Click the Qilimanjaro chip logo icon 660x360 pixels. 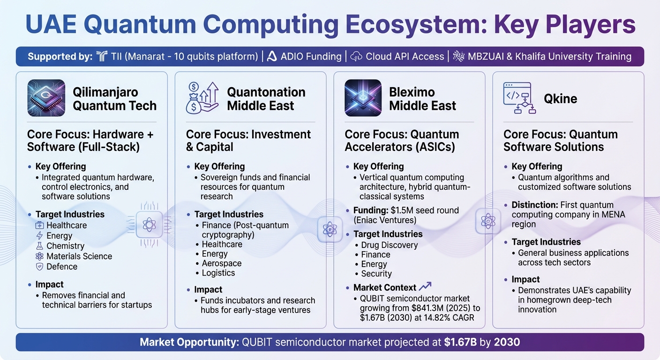click(46, 98)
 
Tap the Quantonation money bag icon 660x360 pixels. click(202, 98)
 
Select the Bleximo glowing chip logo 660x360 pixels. click(363, 98)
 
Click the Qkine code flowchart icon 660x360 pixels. click(519, 98)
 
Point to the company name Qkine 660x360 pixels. click(560, 99)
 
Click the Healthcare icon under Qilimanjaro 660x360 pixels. click(39, 225)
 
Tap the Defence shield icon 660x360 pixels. click(39, 267)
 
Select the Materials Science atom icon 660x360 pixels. click(39, 256)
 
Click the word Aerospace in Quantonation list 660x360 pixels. click(221, 263)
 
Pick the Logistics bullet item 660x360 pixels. click(218, 273)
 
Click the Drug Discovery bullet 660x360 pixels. click(389, 245)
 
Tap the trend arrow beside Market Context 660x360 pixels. click(425, 286)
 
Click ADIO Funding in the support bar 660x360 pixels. click(311, 57)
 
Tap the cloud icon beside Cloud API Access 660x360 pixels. click(356, 57)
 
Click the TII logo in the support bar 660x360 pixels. click(102, 57)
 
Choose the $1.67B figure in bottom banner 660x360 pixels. click(460, 342)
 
